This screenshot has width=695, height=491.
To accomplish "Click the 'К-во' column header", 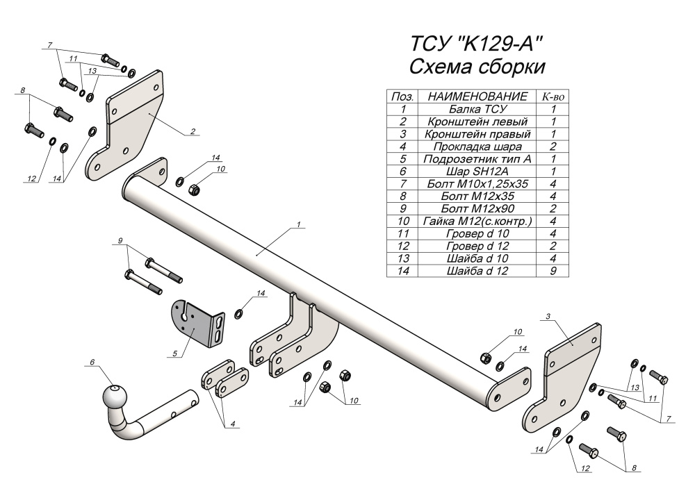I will (553, 96).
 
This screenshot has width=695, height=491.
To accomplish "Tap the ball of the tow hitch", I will (114, 399).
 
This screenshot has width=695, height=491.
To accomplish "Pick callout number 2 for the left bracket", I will (192, 131).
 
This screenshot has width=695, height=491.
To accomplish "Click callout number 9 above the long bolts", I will (120, 240).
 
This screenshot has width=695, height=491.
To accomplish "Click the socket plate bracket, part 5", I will (198, 321).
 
